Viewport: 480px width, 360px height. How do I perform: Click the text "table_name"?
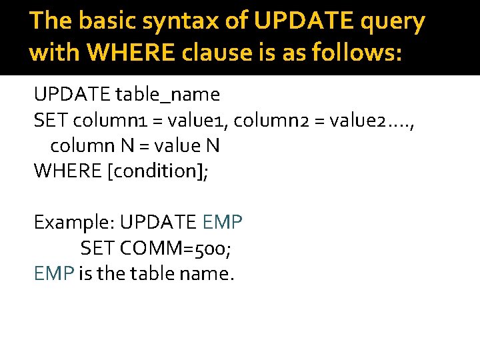click(167, 95)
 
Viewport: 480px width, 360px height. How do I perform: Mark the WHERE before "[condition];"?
click(67, 171)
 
